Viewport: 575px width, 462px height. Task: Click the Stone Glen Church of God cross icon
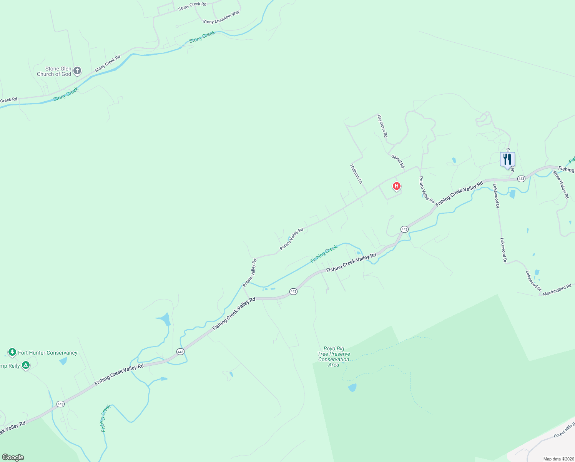[x=77, y=70]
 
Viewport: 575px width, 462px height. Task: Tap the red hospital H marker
[x=396, y=186]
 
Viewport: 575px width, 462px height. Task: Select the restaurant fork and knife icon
[x=507, y=159]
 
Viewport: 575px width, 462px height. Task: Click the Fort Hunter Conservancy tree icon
[x=12, y=352]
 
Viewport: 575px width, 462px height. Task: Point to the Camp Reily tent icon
[x=26, y=365]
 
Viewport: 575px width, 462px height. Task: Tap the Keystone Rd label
[x=382, y=126]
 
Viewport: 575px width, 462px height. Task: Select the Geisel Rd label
[x=398, y=161]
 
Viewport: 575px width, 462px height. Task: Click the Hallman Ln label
[x=356, y=174]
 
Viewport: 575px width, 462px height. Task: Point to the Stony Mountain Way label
[x=221, y=17]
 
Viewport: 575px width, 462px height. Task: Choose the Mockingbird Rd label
[x=557, y=290]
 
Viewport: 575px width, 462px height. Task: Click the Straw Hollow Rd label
[x=561, y=185]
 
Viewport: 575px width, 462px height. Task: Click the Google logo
[x=13, y=457]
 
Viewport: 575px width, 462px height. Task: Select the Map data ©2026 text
[x=558, y=459]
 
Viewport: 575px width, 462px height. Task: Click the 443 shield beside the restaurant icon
[x=521, y=179]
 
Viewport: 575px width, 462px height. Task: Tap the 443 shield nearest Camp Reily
[x=60, y=404]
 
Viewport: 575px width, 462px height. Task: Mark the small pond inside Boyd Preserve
[x=352, y=387]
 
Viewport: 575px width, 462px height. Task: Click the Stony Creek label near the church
[x=66, y=94]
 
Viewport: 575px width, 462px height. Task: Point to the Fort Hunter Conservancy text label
[x=48, y=353]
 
